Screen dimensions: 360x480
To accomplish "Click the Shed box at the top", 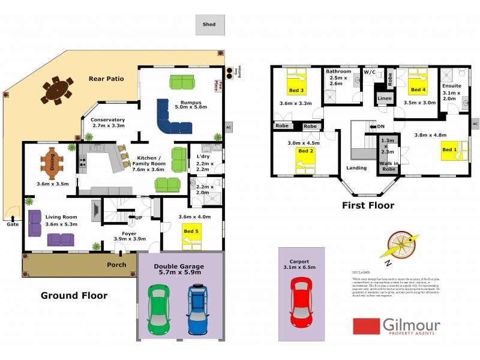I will [x=209, y=25].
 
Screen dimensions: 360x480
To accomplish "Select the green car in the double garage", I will [x=158, y=310].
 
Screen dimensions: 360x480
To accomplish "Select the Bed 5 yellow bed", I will [x=192, y=236].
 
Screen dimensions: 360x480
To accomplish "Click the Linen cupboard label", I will [x=384, y=98].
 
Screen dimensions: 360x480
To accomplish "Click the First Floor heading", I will [x=368, y=205].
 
